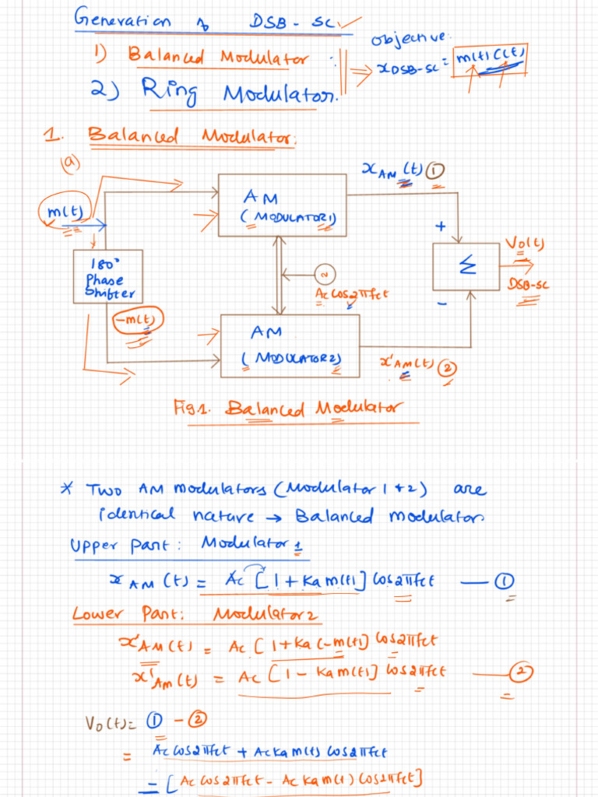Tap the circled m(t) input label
(x=65, y=209)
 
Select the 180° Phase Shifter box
(x=108, y=276)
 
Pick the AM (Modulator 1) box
(x=282, y=205)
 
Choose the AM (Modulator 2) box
(x=290, y=345)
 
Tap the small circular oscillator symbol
(x=325, y=273)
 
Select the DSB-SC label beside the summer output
(x=529, y=286)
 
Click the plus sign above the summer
(x=440, y=226)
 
